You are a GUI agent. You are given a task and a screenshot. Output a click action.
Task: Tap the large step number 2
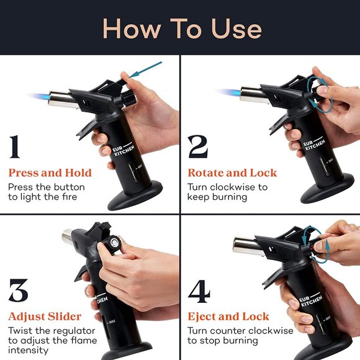tap(198, 146)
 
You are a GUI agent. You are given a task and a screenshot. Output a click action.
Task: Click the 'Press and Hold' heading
tap(50, 173)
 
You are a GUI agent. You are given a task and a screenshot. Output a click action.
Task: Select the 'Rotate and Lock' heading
tap(232, 173)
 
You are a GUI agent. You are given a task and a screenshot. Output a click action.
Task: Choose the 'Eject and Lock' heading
tap(228, 317)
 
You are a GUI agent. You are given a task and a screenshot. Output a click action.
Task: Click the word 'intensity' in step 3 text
tap(28, 350)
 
